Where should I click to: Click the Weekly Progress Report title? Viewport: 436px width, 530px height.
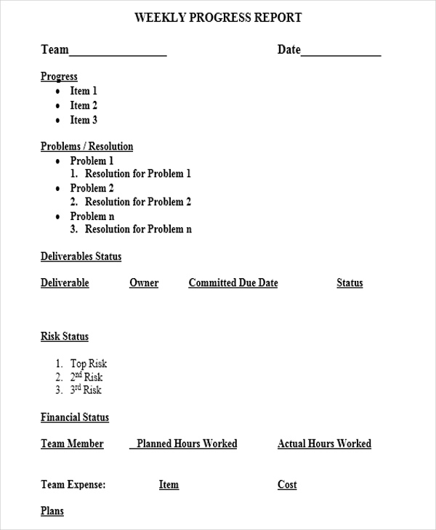click(218, 18)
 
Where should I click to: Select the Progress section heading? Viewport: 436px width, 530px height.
click(59, 77)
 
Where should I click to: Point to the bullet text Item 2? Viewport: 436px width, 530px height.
click(84, 106)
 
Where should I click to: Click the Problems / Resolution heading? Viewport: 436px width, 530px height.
click(86, 147)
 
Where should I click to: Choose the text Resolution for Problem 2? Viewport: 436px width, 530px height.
click(138, 202)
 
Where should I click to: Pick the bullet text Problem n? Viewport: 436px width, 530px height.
click(92, 216)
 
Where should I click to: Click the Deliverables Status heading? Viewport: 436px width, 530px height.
click(81, 257)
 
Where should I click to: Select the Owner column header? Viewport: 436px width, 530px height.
click(144, 283)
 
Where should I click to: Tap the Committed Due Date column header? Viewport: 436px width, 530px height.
click(233, 283)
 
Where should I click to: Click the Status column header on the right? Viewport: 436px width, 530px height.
click(350, 283)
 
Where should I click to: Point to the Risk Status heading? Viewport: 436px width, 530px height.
click(65, 337)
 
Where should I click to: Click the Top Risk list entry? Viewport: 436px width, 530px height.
click(88, 364)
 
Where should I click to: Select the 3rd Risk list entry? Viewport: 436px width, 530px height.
click(86, 390)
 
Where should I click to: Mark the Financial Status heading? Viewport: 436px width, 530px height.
click(75, 417)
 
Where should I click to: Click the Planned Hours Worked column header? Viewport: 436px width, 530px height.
click(186, 444)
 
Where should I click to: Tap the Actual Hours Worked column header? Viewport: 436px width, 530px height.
click(324, 444)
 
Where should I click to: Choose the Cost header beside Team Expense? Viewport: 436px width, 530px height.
click(287, 485)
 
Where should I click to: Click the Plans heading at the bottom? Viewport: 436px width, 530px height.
click(52, 511)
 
